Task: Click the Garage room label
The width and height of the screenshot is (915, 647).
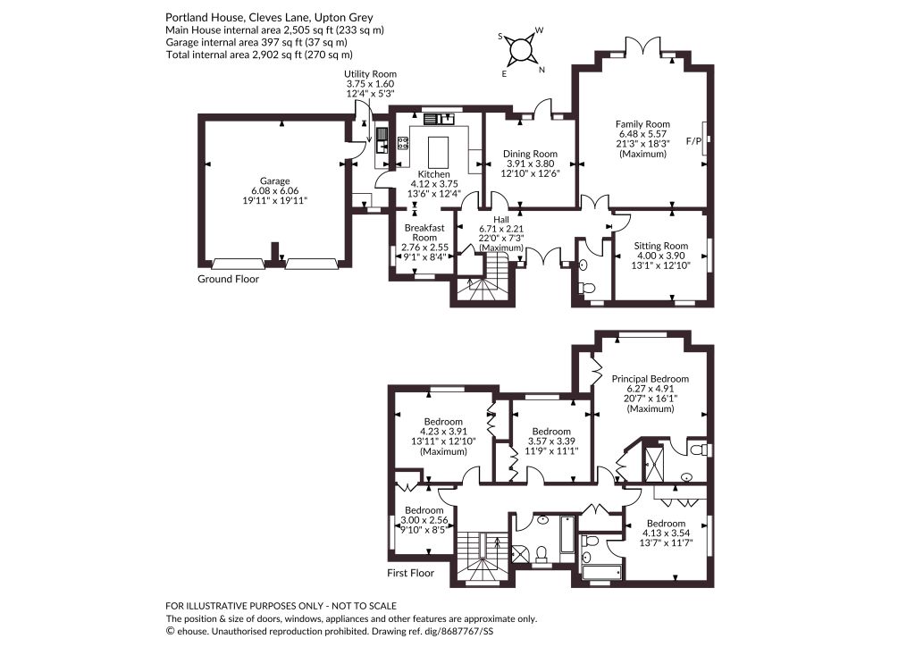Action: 275,181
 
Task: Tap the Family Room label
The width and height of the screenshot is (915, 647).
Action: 642,123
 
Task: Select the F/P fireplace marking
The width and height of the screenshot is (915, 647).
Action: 693,141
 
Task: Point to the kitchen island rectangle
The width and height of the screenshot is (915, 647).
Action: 438,152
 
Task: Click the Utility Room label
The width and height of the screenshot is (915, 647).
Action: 370,74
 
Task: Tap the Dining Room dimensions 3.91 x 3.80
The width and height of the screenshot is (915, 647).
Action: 530,164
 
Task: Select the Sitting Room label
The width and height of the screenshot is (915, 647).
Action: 661,246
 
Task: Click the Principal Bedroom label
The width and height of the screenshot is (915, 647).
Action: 651,379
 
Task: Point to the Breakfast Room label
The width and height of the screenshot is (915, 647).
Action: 424,232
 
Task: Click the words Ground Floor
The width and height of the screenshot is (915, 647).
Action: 228,279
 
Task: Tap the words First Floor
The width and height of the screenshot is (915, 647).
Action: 411,573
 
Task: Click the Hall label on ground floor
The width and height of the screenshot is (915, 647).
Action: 501,219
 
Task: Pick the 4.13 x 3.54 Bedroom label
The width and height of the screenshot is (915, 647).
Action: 666,524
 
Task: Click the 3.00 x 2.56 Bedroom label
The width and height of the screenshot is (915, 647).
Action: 424,510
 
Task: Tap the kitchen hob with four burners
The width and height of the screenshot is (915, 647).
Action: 403,143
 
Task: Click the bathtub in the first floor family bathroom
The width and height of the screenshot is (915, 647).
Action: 567,534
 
